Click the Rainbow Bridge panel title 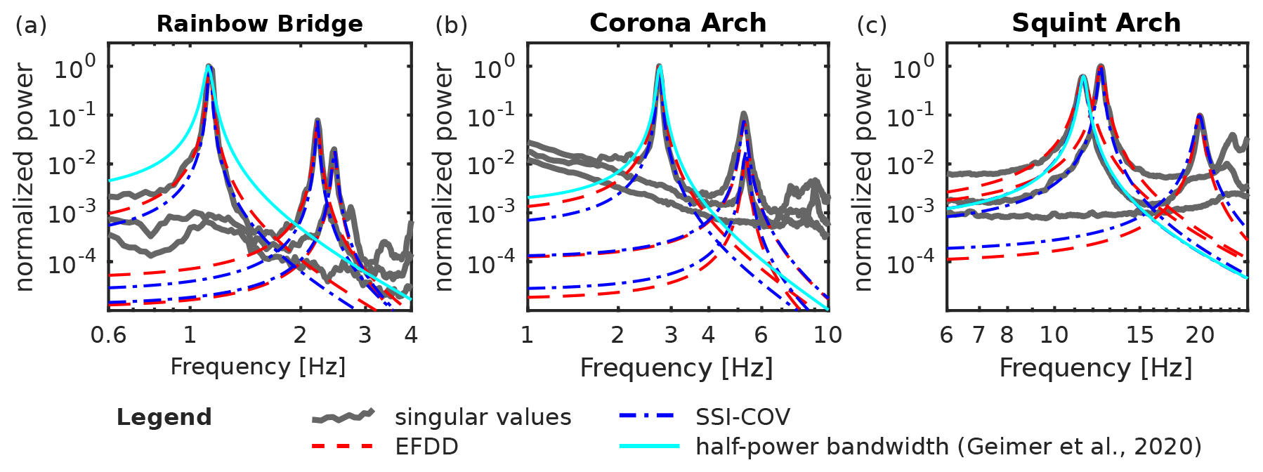pos(259,24)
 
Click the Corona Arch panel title pos(678,23)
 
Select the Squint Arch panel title pos(1096,23)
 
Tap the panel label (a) pos(31,25)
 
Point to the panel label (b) pos(451,25)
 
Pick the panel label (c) pos(872,25)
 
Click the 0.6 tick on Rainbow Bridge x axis pos(109,334)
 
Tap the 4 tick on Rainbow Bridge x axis pos(411,334)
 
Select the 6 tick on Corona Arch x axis pos(761,334)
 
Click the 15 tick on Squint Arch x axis pos(1139,334)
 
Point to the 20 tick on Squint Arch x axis pos(1200,334)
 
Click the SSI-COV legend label pos(742,417)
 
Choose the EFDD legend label pos(426,447)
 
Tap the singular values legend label pos(483,417)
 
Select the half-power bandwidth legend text pos(948,447)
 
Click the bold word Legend pos(164,417)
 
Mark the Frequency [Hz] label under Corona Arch pos(676,368)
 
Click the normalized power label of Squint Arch pos(862,177)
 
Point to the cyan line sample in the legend pos(649,446)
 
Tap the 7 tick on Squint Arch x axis pos(979,334)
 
